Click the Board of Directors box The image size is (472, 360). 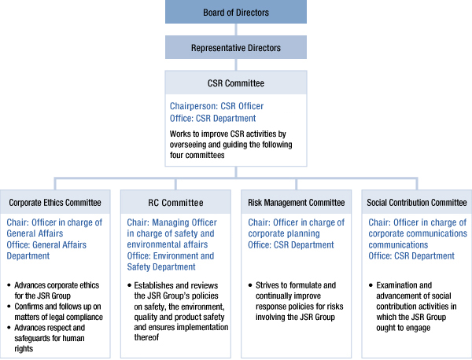point(236,12)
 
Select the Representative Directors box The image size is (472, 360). point(236,48)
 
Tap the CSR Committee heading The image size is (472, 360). point(236,83)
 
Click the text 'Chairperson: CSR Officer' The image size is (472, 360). point(217,106)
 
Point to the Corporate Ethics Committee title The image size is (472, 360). point(54,203)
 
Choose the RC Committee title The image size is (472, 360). point(175,203)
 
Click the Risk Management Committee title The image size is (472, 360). point(296,203)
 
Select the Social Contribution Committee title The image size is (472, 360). point(416,203)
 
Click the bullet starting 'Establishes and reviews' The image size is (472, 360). point(179,310)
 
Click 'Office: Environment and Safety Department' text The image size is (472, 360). point(171,261)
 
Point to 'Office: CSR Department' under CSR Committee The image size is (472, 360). point(212,118)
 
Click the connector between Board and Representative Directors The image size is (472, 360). point(236,29)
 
